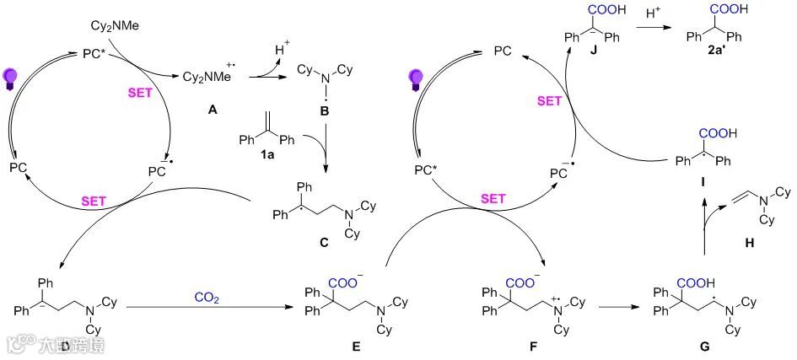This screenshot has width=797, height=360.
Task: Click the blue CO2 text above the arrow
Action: [x=207, y=296]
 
